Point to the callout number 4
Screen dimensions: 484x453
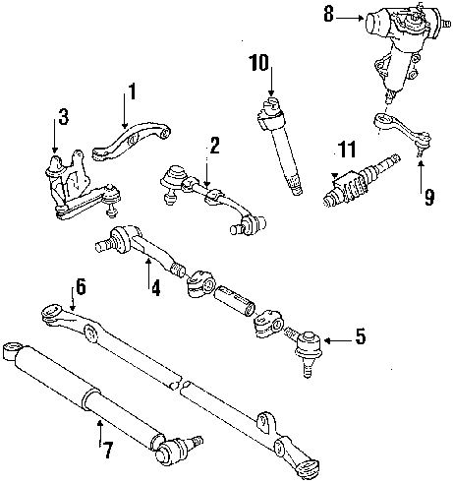153,290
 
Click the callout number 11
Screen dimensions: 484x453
345,150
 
